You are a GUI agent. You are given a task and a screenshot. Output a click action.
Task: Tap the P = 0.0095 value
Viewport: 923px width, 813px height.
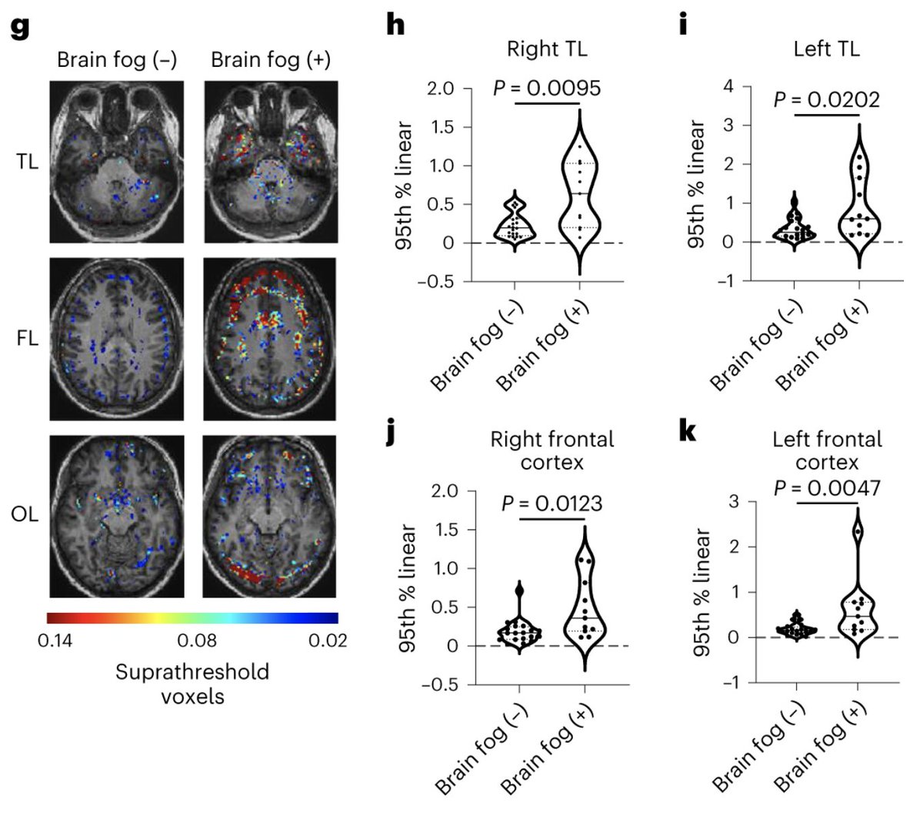tap(546, 87)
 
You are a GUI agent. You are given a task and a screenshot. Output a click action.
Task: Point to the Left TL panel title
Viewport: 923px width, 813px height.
tap(826, 50)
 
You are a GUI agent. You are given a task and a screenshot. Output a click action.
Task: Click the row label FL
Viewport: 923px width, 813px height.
tap(28, 338)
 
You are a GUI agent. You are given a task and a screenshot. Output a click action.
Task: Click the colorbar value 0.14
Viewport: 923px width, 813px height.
tap(53, 639)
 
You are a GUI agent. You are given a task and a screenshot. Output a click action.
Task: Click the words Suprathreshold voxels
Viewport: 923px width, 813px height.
tap(192, 684)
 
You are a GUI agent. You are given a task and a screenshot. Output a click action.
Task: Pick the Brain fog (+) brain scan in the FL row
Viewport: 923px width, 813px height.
tap(270, 338)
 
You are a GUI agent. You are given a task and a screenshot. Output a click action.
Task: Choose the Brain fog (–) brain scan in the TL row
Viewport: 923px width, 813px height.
tap(116, 162)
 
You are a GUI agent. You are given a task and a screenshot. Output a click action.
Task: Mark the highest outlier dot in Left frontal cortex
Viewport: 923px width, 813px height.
tap(857, 532)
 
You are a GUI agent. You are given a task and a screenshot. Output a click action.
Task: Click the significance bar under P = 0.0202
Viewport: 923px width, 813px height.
tap(826, 115)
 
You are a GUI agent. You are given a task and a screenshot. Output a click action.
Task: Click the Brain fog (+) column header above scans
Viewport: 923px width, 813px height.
tap(270, 60)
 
